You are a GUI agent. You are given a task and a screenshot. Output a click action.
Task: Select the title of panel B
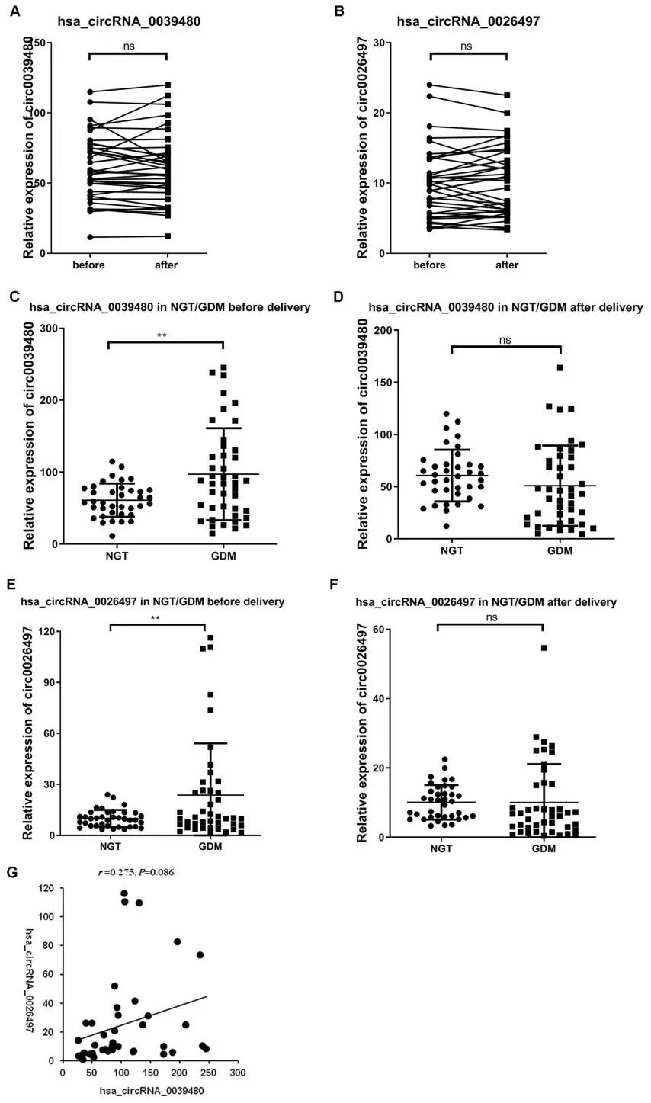[x=468, y=21]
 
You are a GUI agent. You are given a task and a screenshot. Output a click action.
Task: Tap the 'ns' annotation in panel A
[x=127, y=46]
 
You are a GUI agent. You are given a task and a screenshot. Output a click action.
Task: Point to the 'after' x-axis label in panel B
[x=506, y=265]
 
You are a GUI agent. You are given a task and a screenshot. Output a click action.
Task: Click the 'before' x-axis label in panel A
[x=88, y=265]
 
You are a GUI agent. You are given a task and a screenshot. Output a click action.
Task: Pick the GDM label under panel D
[x=560, y=550]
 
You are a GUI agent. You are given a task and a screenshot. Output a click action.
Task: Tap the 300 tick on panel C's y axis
[x=49, y=328]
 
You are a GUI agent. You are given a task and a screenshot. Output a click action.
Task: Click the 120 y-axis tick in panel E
[x=50, y=631]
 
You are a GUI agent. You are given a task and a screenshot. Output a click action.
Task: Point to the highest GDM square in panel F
[x=544, y=648]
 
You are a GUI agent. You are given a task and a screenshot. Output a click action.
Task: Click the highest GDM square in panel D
[x=560, y=368]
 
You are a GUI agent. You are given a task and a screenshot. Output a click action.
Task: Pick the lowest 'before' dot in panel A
[x=89, y=237]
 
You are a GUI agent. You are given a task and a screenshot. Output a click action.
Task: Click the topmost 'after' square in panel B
[x=507, y=95]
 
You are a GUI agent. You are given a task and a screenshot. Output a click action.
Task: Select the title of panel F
[x=486, y=602]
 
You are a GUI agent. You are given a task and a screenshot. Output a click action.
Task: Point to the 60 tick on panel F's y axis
[x=377, y=630]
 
